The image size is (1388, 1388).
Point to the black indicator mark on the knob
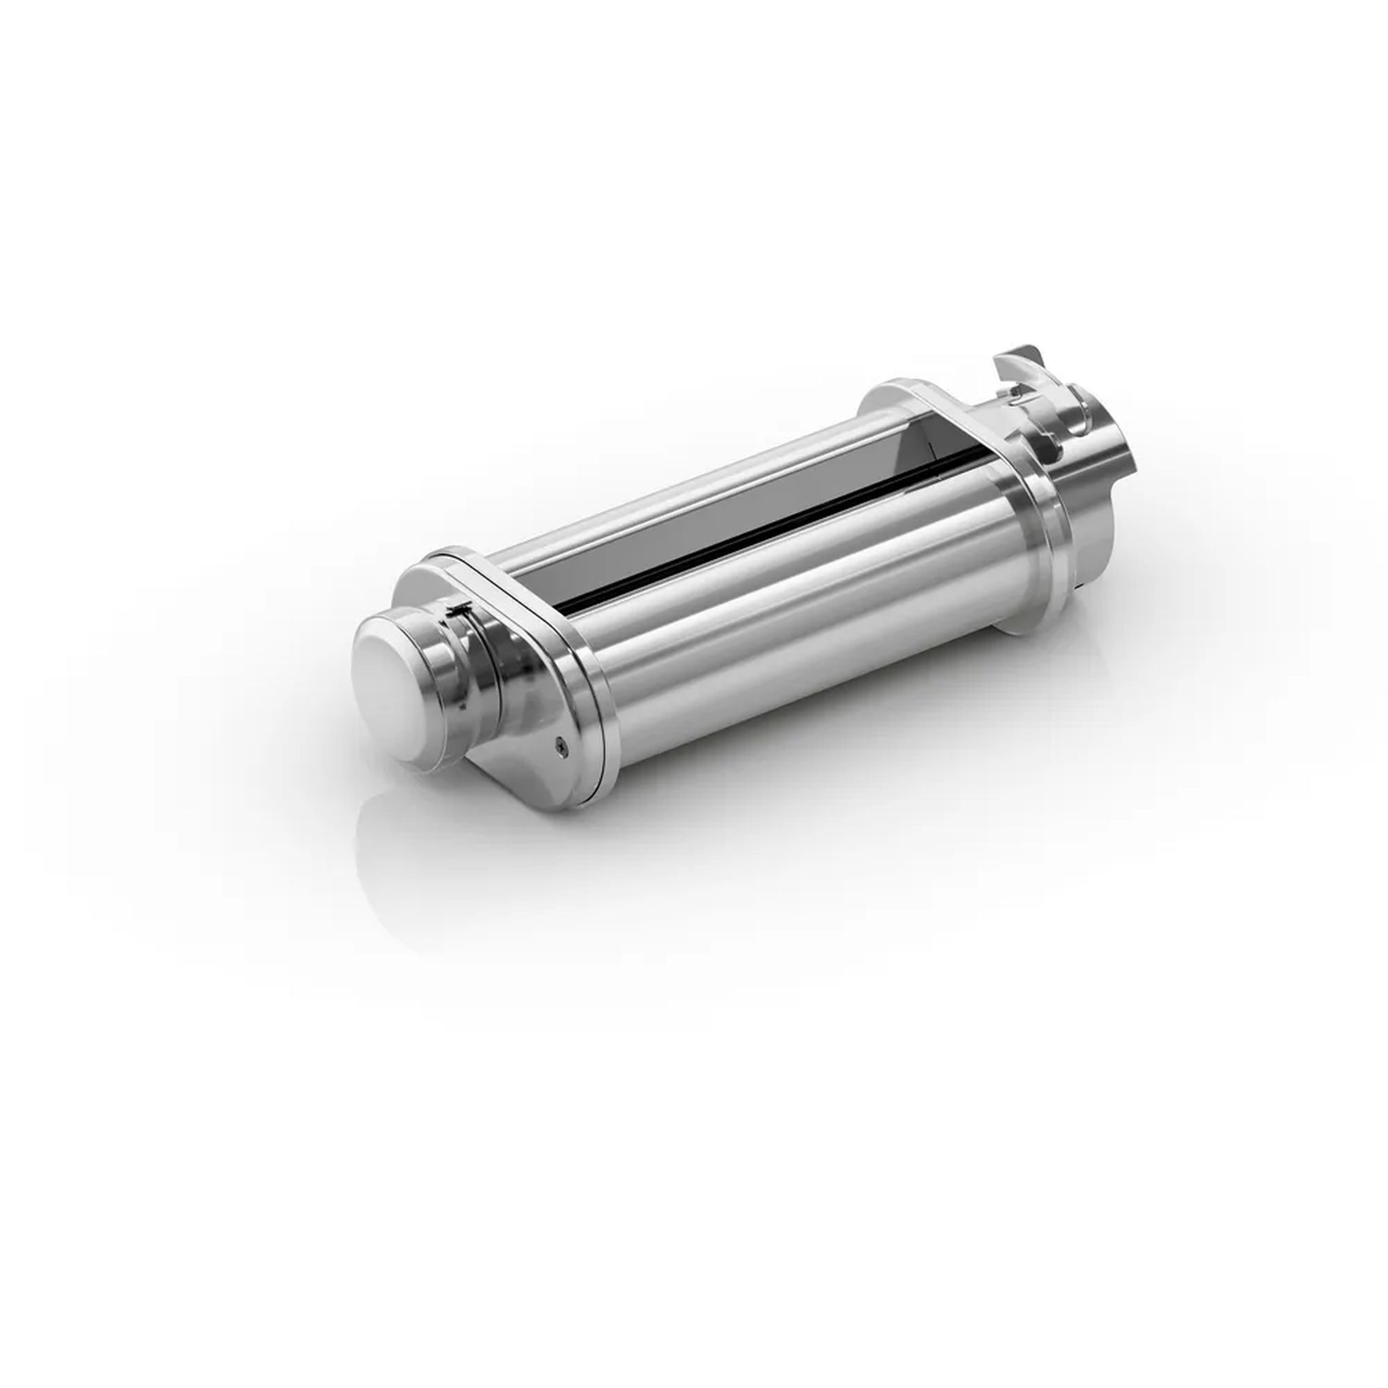457,610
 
